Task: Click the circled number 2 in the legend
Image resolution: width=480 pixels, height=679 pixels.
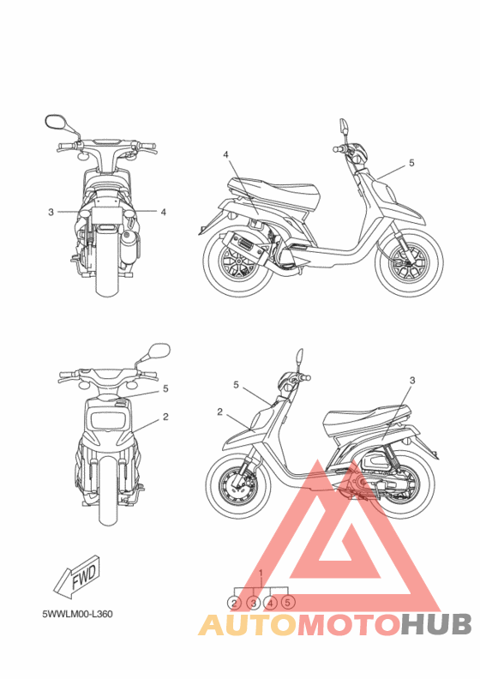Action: [235, 603]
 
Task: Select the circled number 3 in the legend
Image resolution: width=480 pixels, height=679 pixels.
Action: [254, 603]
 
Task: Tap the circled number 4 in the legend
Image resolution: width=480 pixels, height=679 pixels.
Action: [271, 603]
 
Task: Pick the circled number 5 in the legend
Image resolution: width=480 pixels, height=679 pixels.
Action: [288, 603]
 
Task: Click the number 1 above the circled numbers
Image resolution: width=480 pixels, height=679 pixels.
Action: [261, 572]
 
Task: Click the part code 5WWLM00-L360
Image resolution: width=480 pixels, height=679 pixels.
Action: [78, 614]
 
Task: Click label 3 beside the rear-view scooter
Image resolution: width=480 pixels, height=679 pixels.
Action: [51, 211]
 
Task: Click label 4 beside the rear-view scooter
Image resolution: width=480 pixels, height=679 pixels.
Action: [163, 211]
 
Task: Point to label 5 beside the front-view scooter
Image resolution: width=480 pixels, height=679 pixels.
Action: [165, 388]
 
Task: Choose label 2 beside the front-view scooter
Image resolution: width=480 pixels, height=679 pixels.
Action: [165, 417]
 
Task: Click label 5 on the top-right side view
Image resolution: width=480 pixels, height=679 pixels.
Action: [411, 162]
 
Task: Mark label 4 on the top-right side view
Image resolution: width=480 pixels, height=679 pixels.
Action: [225, 154]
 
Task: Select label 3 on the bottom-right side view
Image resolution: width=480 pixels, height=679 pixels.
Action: [412, 380]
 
